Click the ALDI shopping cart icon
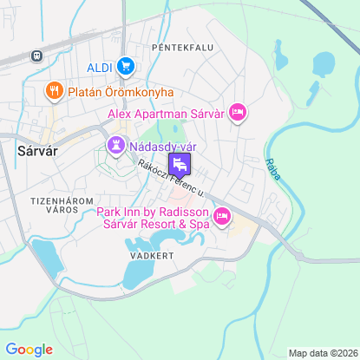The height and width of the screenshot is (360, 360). (x=126, y=65)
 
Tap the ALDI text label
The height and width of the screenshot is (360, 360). (x=100, y=67)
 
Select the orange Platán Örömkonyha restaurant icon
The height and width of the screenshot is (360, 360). (x=54, y=90)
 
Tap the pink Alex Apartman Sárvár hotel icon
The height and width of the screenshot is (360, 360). (x=239, y=112)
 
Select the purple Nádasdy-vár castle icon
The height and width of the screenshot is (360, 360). (x=115, y=145)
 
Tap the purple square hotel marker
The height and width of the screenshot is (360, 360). (x=180, y=164)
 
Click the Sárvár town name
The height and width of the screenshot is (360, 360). (x=37, y=149)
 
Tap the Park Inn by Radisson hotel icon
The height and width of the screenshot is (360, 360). (x=221, y=217)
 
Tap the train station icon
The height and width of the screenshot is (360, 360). (x=36, y=56)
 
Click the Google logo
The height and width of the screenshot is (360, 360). (x=29, y=349)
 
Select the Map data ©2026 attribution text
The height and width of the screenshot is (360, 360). (x=322, y=353)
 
